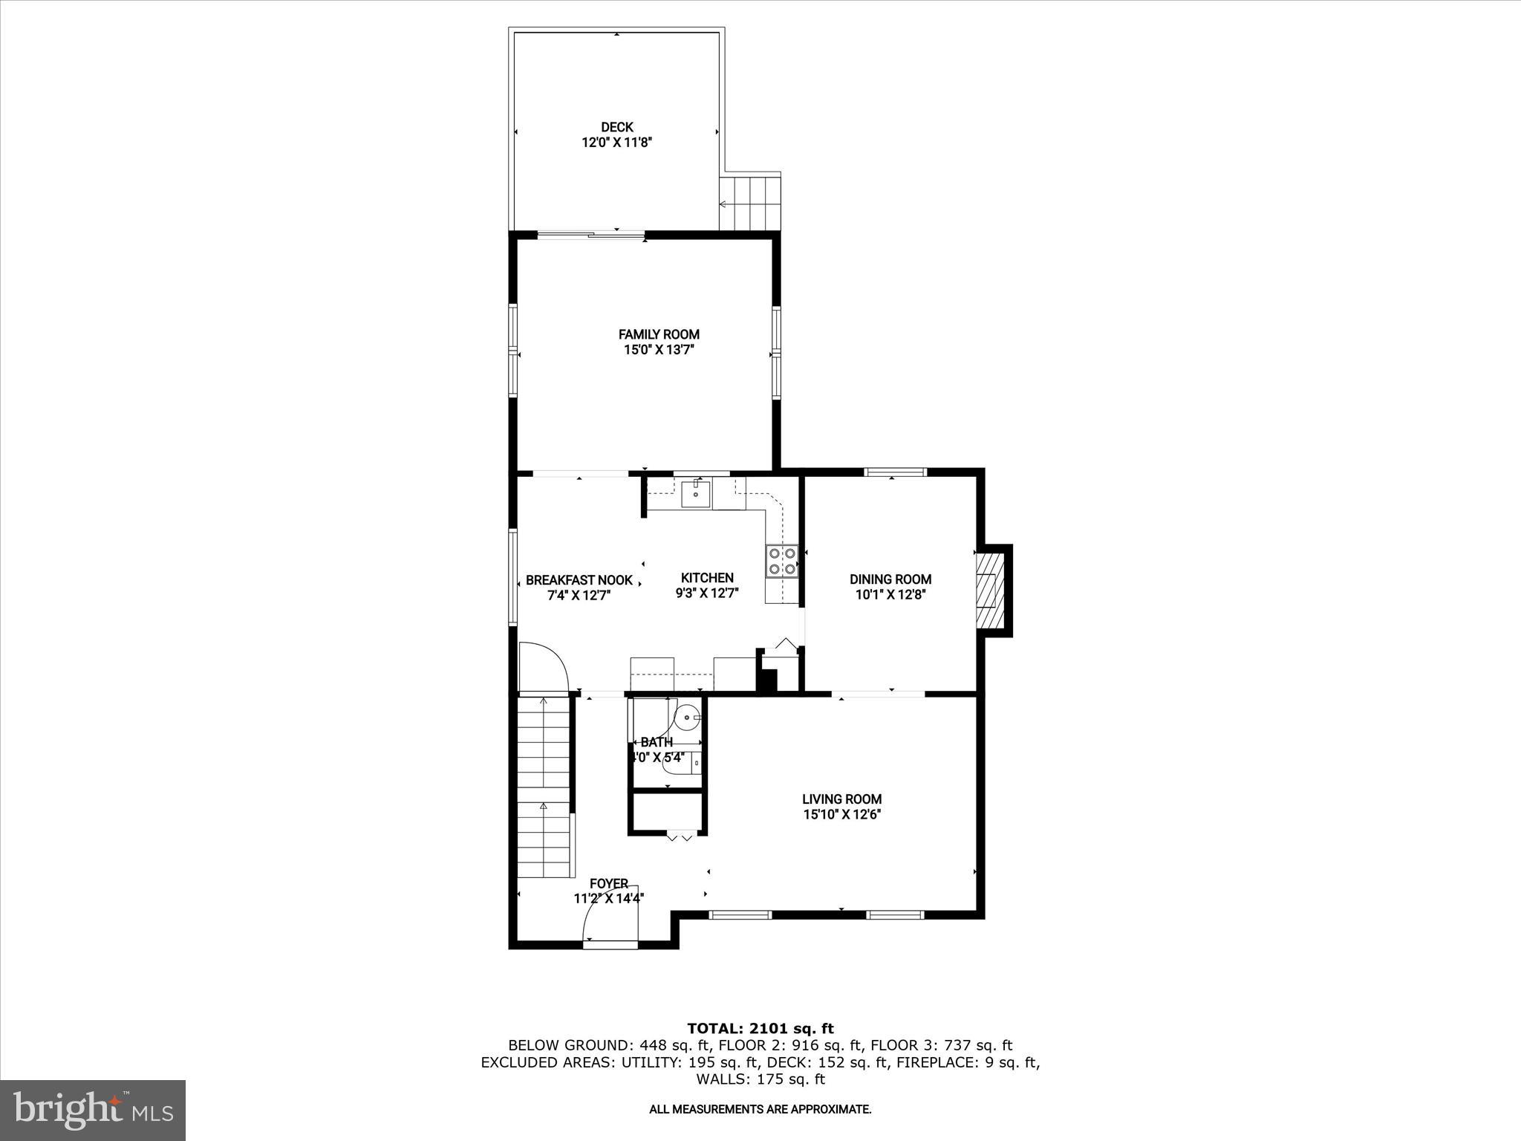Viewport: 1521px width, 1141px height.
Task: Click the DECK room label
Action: [x=616, y=128]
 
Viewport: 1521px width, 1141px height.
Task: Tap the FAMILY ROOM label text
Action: [x=659, y=335]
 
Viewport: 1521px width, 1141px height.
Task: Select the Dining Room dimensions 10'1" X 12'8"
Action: [x=890, y=594]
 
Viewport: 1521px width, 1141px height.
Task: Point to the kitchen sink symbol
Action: [x=696, y=493]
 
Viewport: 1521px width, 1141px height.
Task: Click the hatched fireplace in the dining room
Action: [x=989, y=591]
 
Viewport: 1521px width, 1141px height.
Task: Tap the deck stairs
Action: [x=750, y=203]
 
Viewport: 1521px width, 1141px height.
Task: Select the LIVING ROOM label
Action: [x=841, y=799]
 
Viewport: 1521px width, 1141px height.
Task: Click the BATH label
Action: [x=657, y=742]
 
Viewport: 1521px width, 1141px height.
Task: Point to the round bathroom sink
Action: [x=688, y=718]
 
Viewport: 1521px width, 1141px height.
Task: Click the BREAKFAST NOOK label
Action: [x=579, y=580]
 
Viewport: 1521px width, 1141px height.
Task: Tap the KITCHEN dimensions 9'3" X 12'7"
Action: [x=707, y=594]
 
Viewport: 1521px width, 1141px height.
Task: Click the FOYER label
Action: [x=609, y=883]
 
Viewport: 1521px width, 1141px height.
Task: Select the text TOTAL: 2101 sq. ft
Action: [x=760, y=1029]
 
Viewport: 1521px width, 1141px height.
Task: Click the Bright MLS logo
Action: [x=93, y=1110]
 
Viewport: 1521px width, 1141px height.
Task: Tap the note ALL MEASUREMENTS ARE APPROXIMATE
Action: [x=760, y=1110]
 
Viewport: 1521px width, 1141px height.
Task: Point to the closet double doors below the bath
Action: [x=680, y=837]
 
